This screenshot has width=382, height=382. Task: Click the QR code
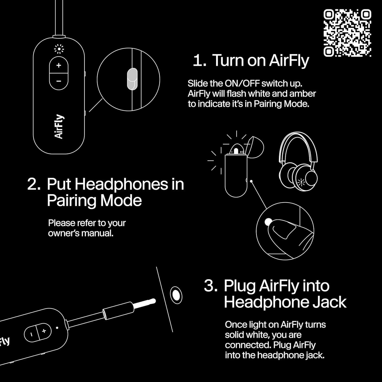pos(347,33)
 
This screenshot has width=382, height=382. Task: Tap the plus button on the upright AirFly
pos(59,65)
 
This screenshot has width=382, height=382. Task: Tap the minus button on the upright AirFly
pos(59,81)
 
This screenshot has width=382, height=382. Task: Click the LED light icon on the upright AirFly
pos(59,49)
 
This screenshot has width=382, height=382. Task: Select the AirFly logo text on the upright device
pos(59,127)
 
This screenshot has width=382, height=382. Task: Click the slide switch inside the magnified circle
pos(132,79)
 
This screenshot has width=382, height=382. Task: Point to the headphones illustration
pos(298,160)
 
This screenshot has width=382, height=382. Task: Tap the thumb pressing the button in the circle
pos(290,237)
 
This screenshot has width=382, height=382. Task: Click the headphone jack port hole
pos(176,295)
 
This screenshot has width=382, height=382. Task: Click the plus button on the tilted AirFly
pos(44,331)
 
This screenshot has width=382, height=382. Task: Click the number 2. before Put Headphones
pos(34,184)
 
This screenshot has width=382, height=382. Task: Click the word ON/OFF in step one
pos(242,84)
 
